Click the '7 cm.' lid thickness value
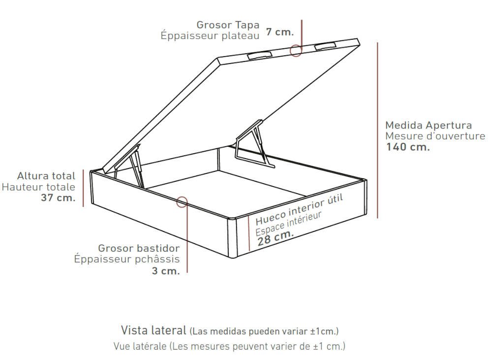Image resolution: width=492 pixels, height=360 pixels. [280, 32]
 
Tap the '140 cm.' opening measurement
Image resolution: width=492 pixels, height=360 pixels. [407, 147]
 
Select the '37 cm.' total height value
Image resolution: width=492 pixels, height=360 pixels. [58, 197]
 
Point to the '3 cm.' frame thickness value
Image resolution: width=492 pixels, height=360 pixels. [166, 270]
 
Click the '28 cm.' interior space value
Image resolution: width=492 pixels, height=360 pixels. [276, 237]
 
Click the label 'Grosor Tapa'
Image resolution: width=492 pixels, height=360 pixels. [228, 25]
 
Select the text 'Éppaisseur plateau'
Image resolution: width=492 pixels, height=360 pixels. [210, 35]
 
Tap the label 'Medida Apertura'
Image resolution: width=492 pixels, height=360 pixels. [429, 125]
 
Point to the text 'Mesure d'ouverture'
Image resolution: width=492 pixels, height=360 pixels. [435, 136]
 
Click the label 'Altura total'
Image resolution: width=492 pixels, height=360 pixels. [46, 176]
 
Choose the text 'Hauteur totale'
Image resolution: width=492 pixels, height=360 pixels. [38, 187]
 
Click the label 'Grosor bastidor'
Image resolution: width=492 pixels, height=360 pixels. [139, 248]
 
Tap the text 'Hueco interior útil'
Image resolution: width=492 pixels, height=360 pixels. [299, 209]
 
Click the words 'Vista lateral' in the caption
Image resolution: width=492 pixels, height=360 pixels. [154, 330]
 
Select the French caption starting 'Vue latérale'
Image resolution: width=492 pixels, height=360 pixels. [229, 346]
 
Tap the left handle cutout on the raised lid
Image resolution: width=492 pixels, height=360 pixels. [259, 55]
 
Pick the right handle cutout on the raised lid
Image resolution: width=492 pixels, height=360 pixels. [325, 46]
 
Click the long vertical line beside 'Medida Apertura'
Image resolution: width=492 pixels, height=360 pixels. [377, 131]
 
